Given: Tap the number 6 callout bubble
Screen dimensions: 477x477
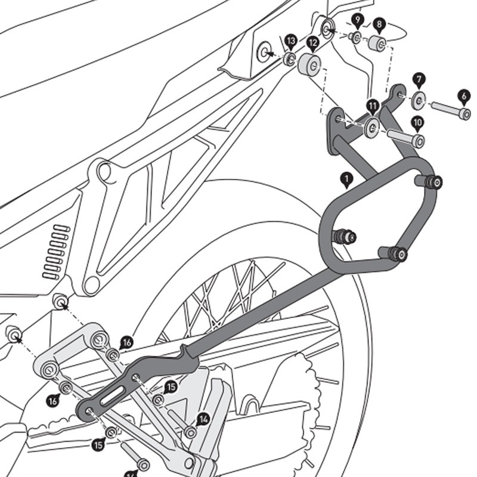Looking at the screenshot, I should pyautogui.click(x=463, y=95).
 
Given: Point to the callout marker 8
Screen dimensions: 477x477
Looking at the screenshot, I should pyautogui.click(x=378, y=25).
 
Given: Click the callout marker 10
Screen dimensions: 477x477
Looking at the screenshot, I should pyautogui.click(x=417, y=123).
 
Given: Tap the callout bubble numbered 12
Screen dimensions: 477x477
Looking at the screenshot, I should pyautogui.click(x=312, y=42).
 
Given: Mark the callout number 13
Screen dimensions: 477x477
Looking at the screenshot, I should pyautogui.click(x=290, y=41).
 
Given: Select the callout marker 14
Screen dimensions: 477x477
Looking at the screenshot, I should pyautogui.click(x=203, y=419).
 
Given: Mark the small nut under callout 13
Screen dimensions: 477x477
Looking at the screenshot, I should pyautogui.click(x=289, y=58).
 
